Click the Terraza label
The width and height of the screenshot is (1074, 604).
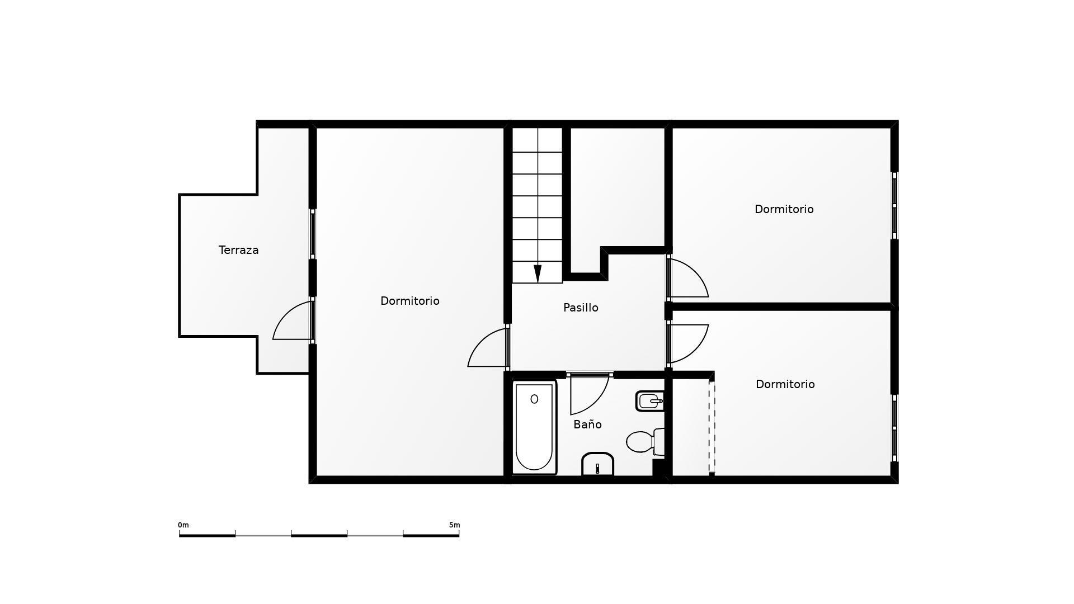click(x=238, y=250)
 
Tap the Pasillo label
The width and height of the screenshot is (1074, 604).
click(x=581, y=308)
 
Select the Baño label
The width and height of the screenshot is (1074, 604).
click(x=587, y=424)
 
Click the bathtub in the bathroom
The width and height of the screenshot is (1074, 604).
click(x=534, y=427)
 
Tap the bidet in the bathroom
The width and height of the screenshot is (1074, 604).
click(x=650, y=401)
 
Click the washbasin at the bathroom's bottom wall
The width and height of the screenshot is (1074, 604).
click(x=597, y=464)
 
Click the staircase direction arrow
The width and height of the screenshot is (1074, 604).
click(x=538, y=273)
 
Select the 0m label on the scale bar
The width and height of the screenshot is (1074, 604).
click(x=183, y=525)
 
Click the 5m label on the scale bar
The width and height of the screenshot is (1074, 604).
click(x=454, y=525)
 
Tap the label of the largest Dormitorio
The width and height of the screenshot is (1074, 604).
click(x=410, y=301)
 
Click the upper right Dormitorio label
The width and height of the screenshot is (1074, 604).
click(x=784, y=209)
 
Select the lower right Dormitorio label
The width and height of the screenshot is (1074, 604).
click(x=785, y=384)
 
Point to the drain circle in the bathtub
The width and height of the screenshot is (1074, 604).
click(x=534, y=399)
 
